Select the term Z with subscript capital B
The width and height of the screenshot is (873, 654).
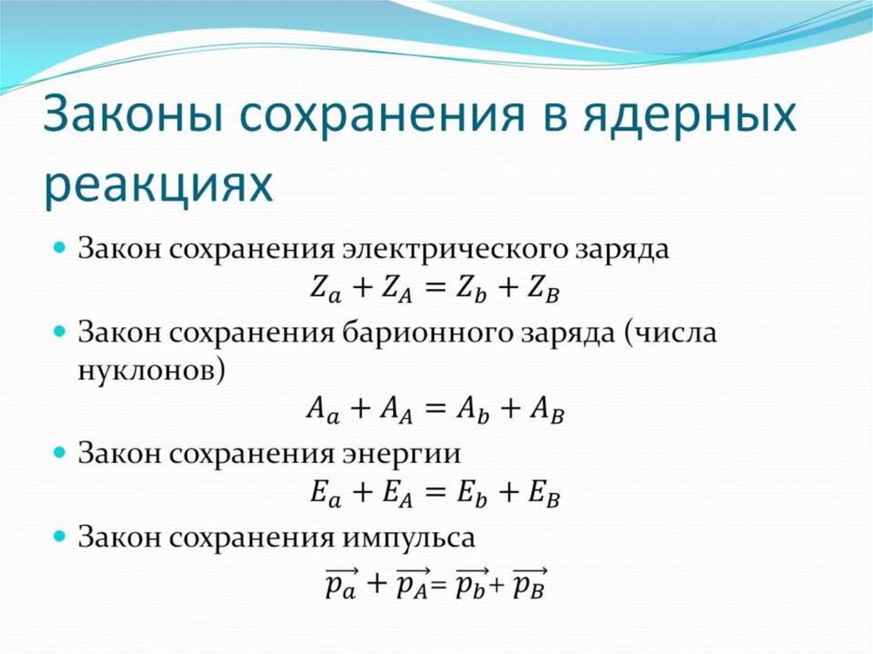pyautogui.click(x=543, y=290)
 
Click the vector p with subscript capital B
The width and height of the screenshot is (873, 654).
pyautogui.click(x=529, y=582)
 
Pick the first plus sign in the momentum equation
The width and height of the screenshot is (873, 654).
pyautogui.click(x=377, y=583)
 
